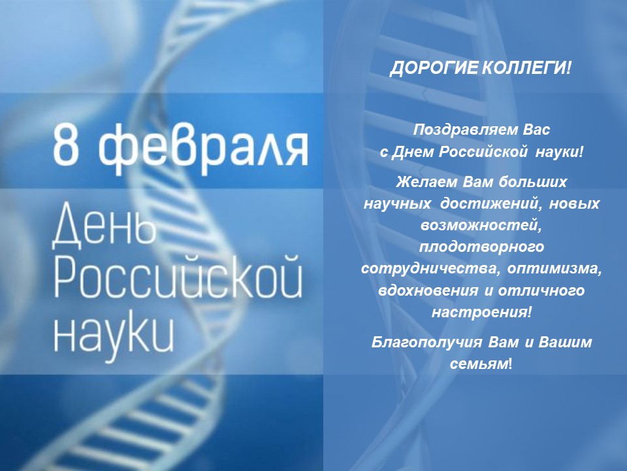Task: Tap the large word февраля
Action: tap(203, 147)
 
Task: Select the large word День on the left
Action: tap(103, 224)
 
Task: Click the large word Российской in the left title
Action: tap(178, 275)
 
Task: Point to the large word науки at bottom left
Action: tap(114, 336)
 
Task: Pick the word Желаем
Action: tap(427, 182)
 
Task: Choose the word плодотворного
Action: tap(481, 247)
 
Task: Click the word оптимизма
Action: tap(555, 269)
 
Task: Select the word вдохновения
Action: tap(428, 290)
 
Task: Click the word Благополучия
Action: tap(427, 343)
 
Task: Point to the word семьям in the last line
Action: tap(479, 364)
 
